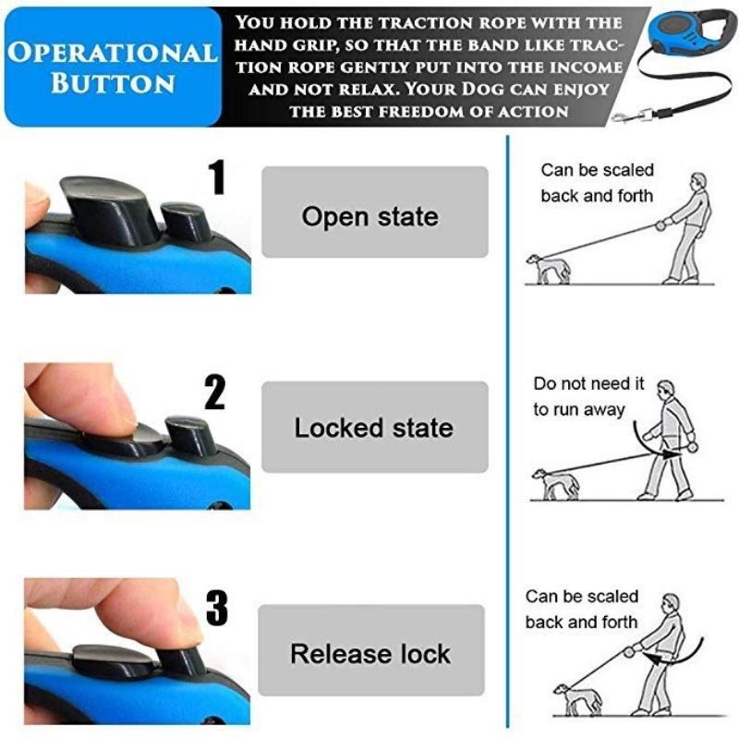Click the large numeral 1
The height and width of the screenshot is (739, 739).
(x=217, y=176)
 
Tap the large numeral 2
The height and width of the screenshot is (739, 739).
(x=215, y=392)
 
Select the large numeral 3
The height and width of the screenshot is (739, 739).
(x=216, y=608)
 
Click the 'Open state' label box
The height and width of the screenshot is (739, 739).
(x=375, y=212)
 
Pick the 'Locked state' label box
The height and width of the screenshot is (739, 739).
(x=375, y=427)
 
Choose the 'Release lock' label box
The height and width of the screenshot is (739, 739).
(x=371, y=650)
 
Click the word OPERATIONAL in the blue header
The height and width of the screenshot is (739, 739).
(x=113, y=53)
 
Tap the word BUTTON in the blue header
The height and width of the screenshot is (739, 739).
(x=113, y=83)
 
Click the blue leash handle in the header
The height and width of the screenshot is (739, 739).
(x=689, y=32)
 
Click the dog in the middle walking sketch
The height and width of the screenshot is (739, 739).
(x=555, y=484)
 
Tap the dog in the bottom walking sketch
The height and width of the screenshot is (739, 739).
(x=576, y=700)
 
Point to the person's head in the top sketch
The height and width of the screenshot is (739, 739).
(x=698, y=181)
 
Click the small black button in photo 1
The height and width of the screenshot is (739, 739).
(x=187, y=221)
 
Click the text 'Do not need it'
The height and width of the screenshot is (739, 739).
(x=588, y=384)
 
